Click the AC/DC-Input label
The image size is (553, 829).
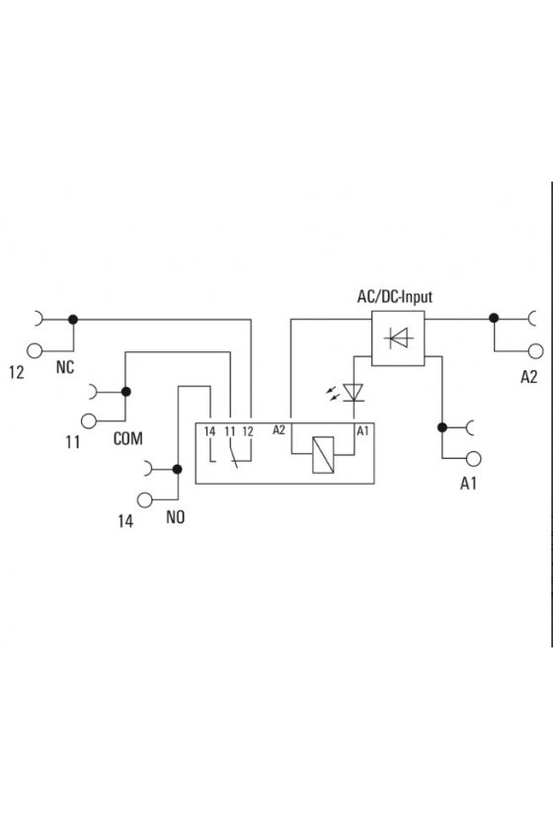395,297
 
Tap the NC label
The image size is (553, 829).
65,367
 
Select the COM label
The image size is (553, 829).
128,438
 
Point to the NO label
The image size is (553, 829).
175,517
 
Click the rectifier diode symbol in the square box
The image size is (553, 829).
399,338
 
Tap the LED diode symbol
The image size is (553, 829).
353,392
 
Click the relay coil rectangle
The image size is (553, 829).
323,455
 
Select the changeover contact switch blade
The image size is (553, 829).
233,454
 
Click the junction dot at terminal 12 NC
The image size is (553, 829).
73,320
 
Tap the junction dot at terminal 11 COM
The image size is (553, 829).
126,392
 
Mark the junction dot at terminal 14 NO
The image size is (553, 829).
178,469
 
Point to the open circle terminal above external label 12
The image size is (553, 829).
35,350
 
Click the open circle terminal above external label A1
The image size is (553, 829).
474,458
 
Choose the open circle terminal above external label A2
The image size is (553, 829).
535,351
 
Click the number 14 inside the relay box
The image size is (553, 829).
209,431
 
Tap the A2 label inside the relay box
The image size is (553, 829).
278,430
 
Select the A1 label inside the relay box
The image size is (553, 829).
362,431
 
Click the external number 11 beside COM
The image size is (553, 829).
72,442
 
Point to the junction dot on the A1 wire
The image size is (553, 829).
442,427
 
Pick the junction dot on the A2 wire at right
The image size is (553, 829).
494,318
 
